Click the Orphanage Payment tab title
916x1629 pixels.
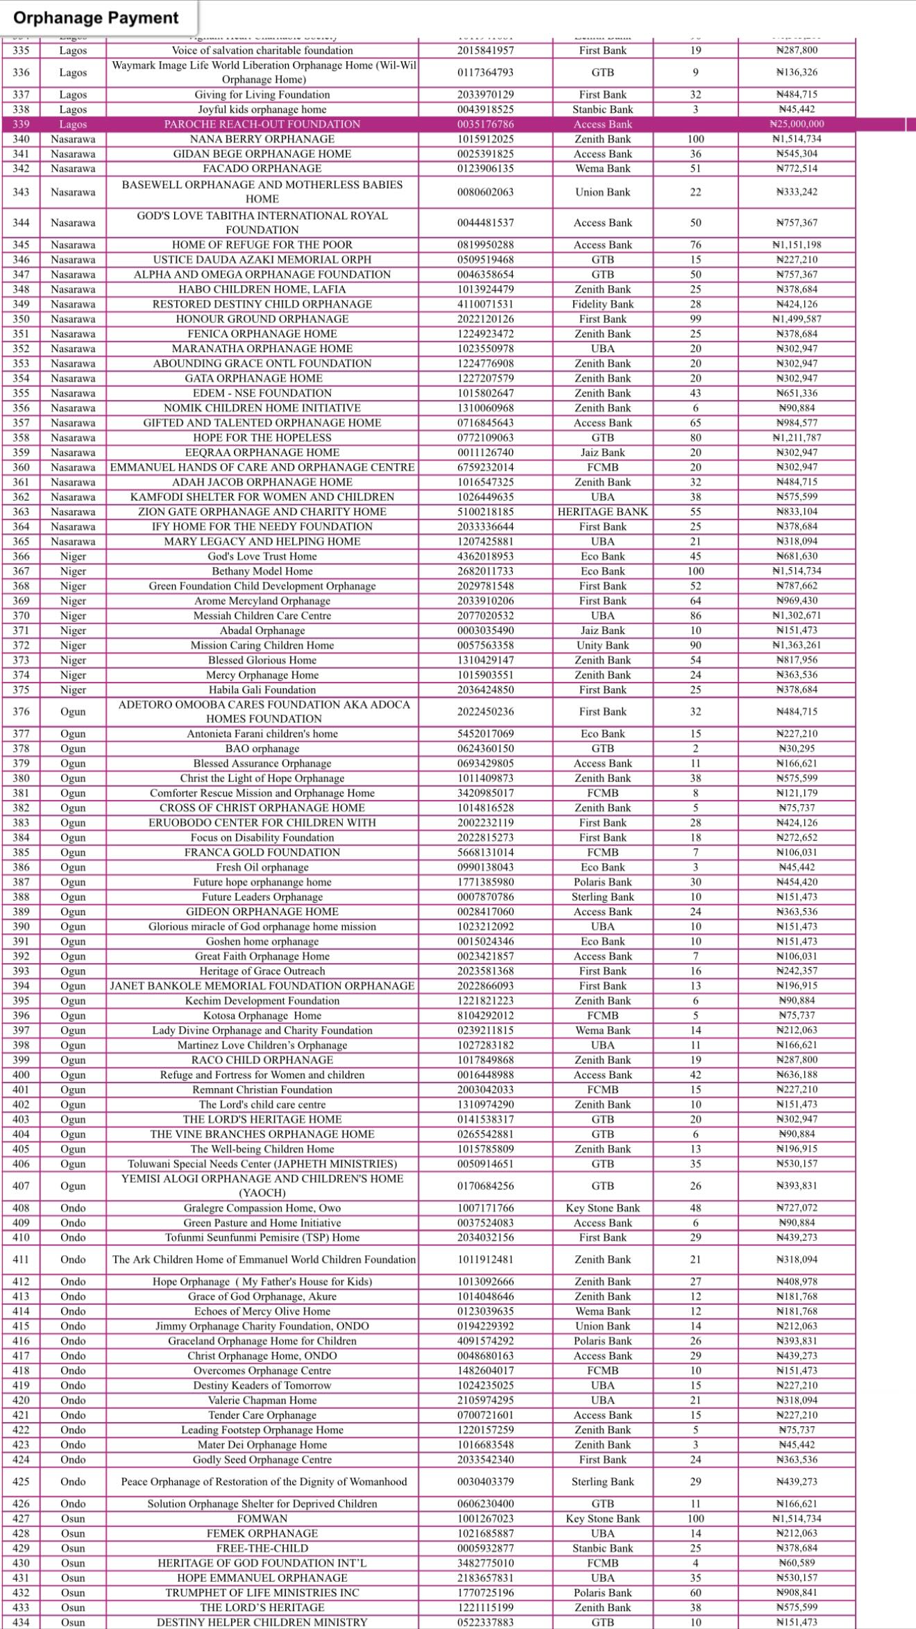tap(96, 17)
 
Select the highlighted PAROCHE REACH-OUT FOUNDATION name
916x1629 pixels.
tap(262, 124)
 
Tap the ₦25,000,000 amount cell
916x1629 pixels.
tap(797, 124)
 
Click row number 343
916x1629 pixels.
tap(22, 192)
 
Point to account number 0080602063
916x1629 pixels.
tap(485, 192)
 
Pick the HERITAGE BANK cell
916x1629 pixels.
tap(602, 512)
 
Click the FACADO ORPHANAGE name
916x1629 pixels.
tap(262, 169)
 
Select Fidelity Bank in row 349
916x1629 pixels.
tap(602, 304)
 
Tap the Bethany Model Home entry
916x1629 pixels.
tap(262, 571)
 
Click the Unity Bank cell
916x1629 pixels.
tap(602, 645)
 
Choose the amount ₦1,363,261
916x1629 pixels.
tap(797, 645)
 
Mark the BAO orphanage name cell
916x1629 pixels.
tap(262, 749)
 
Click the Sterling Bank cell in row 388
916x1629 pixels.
tap(602, 897)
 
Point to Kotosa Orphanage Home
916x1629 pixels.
tap(262, 1016)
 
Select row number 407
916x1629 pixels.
tap(22, 1186)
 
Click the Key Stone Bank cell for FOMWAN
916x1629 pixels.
tap(602, 1519)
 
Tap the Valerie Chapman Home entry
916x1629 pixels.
tap(262, 1401)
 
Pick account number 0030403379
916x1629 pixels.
tap(485, 1482)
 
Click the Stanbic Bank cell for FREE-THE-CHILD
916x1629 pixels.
tap(602, 1548)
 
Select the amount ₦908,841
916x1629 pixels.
tap(797, 1593)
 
